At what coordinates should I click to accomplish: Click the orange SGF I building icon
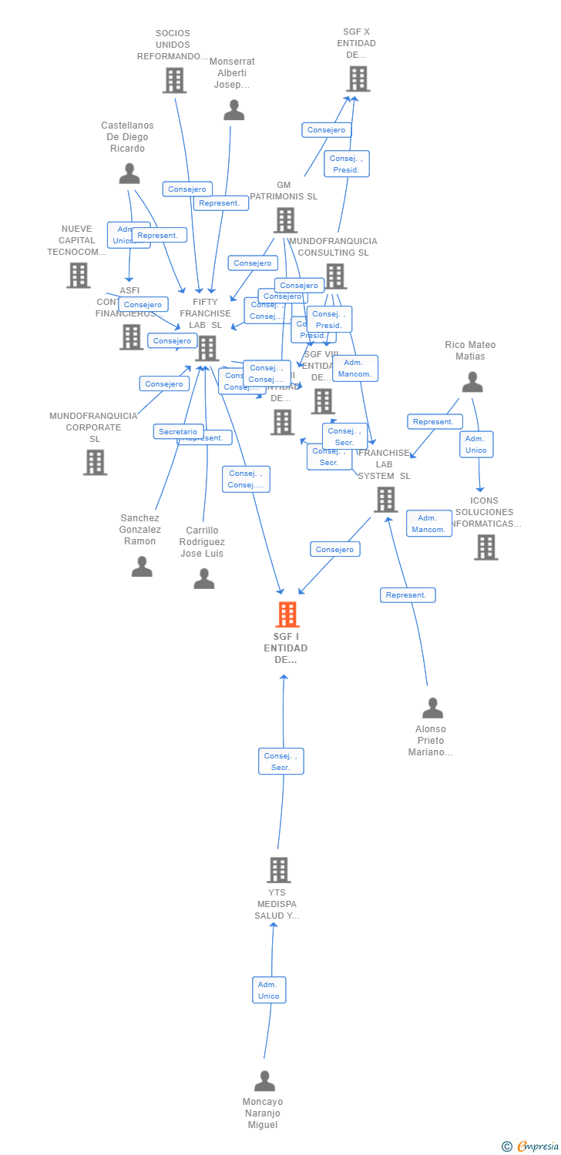(x=287, y=614)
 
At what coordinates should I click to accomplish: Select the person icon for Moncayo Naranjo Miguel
(x=264, y=1081)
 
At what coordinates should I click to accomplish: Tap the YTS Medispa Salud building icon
(x=278, y=870)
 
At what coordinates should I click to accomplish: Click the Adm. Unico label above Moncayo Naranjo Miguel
(x=269, y=989)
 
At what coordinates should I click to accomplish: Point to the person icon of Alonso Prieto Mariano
(x=433, y=708)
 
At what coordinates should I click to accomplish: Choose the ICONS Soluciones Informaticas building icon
(x=485, y=547)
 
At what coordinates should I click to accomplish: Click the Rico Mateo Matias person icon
(x=472, y=381)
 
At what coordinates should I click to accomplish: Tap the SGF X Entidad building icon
(x=358, y=79)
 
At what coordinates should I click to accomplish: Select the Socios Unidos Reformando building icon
(x=174, y=80)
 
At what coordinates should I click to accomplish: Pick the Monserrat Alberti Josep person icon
(x=233, y=110)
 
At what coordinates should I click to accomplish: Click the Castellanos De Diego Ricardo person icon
(x=129, y=173)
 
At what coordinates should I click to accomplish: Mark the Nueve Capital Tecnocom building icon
(x=78, y=275)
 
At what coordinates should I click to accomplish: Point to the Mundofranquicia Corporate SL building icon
(x=95, y=462)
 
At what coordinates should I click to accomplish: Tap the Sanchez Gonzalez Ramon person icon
(x=142, y=567)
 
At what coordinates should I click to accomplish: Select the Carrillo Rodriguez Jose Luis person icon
(x=204, y=578)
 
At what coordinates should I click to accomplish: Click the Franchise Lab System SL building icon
(x=385, y=499)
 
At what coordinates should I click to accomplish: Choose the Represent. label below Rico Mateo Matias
(x=435, y=421)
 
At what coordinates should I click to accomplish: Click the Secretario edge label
(x=179, y=432)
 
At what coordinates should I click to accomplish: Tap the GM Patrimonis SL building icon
(x=285, y=220)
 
